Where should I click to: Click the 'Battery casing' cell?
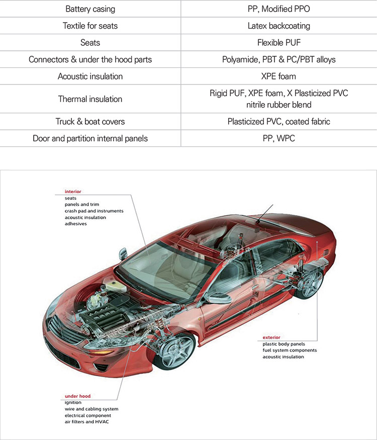tap(90, 9)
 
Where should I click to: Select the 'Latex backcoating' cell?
tap(279, 26)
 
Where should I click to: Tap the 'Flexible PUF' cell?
tap(279, 43)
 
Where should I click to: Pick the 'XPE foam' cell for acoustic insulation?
tap(278, 76)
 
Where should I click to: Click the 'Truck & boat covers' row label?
tap(90, 122)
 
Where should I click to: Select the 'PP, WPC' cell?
tap(279, 138)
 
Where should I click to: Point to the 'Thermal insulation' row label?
tap(90, 99)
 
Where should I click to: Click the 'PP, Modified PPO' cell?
tap(279, 9)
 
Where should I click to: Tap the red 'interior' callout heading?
tap(73, 192)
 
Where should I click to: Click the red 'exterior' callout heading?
tap(271, 337)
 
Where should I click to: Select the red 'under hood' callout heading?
tap(78, 396)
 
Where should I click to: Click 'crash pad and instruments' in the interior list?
tap(94, 211)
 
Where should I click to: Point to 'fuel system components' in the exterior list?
tap(290, 350)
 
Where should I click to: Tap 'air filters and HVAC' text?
tap(86, 422)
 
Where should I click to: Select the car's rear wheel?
tap(310, 282)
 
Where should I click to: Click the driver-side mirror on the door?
tap(218, 298)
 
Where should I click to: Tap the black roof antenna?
tap(264, 214)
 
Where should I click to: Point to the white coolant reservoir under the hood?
tap(115, 285)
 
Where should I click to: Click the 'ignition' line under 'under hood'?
tap(73, 402)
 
